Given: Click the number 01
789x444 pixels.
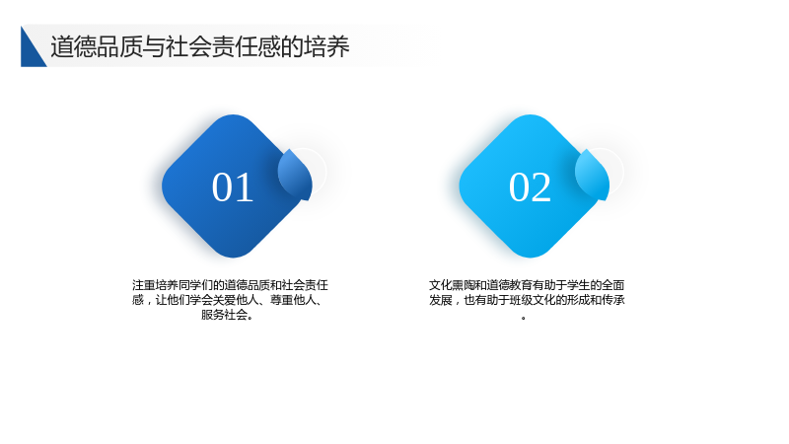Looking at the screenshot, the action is tap(233, 187).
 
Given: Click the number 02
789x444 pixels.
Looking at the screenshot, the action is tap(530, 187).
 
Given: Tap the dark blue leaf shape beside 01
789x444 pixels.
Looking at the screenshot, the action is tap(296, 175).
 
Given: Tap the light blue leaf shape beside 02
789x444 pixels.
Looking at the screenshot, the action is tap(593, 175).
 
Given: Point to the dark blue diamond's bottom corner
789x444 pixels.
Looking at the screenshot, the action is tap(233, 258).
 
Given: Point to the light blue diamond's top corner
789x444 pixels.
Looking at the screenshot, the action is tap(530, 114).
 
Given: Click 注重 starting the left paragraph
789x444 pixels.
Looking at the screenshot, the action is tap(143, 285).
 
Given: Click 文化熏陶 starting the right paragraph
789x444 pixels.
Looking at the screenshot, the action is tap(452, 285).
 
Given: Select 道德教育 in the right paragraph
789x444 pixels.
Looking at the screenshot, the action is tap(509, 285).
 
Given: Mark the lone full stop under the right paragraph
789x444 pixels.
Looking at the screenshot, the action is tap(524, 318).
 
